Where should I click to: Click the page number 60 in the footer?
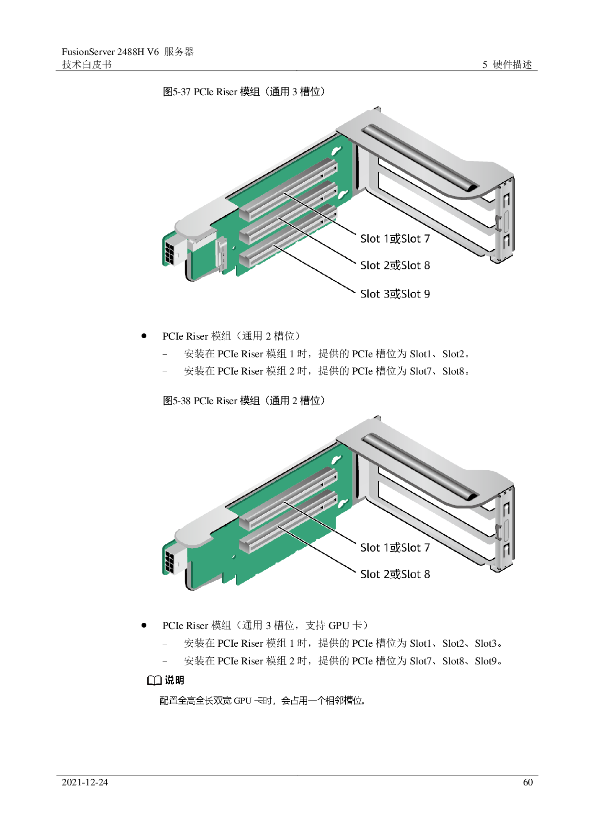pyautogui.click(x=527, y=783)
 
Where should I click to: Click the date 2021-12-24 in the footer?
pyautogui.click(x=85, y=783)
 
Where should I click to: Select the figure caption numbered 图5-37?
pyautogui.click(x=244, y=91)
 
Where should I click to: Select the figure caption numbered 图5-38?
pyautogui.click(x=244, y=400)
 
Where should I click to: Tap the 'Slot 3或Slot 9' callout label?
pyautogui.click(x=395, y=294)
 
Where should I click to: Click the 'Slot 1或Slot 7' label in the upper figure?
pyautogui.click(x=395, y=239)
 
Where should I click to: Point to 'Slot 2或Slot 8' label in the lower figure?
pyautogui.click(x=395, y=574)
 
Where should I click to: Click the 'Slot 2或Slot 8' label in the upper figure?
pyautogui.click(x=395, y=265)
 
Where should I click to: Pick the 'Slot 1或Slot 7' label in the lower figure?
pyautogui.click(x=395, y=548)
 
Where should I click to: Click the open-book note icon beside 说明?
pyautogui.click(x=154, y=681)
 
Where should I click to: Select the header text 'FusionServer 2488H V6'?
pyautogui.click(x=110, y=52)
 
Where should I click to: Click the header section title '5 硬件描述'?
pyautogui.click(x=507, y=65)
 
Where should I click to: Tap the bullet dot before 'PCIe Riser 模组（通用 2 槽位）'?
pyautogui.click(x=144, y=336)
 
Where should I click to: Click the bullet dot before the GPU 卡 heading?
pyautogui.click(x=144, y=625)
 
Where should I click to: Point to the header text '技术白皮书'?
pyautogui.click(x=87, y=65)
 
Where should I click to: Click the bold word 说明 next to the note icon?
pyautogui.click(x=175, y=680)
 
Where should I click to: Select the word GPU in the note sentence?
pyautogui.click(x=242, y=701)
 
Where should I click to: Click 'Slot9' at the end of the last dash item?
pyautogui.click(x=485, y=661)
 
